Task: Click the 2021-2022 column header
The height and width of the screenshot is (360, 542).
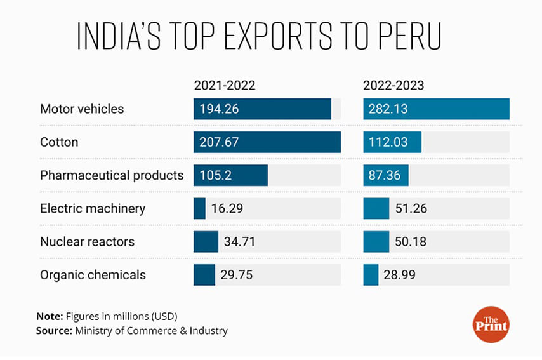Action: [225, 85]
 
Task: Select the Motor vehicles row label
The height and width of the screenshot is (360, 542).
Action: [82, 109]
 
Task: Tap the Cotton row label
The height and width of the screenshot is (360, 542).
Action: [59, 142]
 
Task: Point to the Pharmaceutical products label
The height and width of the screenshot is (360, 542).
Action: [112, 175]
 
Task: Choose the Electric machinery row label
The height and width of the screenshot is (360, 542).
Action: [93, 208]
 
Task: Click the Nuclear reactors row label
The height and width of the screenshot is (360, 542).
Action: [87, 242]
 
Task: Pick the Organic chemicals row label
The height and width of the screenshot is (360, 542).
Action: [93, 275]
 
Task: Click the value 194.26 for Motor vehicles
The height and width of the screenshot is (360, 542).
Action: [219, 109]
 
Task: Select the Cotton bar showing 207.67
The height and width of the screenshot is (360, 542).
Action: [267, 142]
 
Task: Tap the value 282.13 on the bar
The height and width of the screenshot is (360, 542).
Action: [388, 109]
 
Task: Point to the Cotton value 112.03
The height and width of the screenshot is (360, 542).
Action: [388, 142]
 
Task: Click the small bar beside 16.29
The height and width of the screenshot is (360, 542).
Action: [199, 208]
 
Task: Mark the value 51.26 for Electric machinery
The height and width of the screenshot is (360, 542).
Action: [411, 208]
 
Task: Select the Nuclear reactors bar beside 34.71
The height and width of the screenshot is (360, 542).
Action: [206, 242]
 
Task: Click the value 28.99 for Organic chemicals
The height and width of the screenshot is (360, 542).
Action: [401, 275]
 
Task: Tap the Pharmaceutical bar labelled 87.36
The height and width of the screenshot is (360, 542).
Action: [386, 175]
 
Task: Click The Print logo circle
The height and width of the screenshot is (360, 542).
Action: [491, 323]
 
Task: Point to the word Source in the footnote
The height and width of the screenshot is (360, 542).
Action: [54, 331]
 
